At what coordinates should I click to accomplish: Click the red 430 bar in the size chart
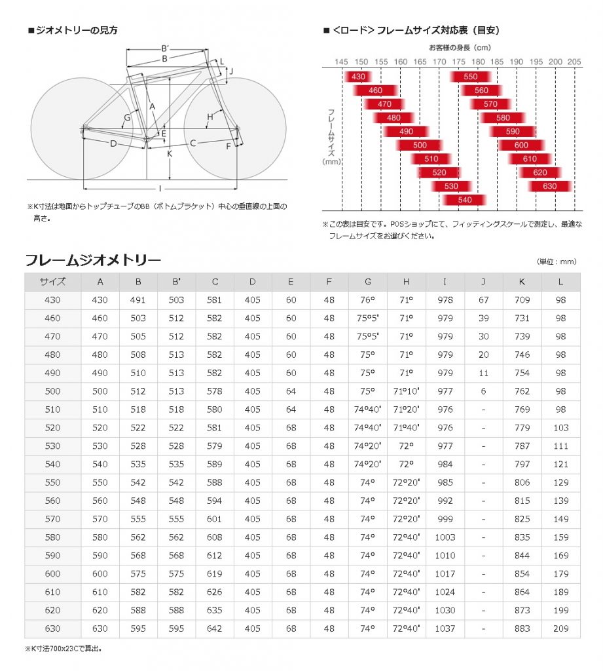359,77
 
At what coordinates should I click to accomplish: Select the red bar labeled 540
465,200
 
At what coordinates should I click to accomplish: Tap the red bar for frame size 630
551,186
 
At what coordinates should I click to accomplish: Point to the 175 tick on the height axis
458,61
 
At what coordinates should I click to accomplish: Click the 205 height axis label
574,61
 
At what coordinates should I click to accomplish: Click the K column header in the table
522,282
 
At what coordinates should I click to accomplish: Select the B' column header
176,282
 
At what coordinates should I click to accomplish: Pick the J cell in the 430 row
483,300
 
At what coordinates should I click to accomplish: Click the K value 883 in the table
522,628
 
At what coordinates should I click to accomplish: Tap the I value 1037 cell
445,628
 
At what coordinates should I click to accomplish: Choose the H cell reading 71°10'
406,391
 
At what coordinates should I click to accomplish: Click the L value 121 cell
560,464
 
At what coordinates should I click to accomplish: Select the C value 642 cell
215,628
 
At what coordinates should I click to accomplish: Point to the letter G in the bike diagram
127,118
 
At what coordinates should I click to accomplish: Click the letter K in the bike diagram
169,154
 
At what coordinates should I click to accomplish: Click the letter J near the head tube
231,71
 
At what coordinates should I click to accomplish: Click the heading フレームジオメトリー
93,259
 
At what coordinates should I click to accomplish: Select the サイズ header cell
52,282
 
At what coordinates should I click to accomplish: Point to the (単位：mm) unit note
557,261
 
